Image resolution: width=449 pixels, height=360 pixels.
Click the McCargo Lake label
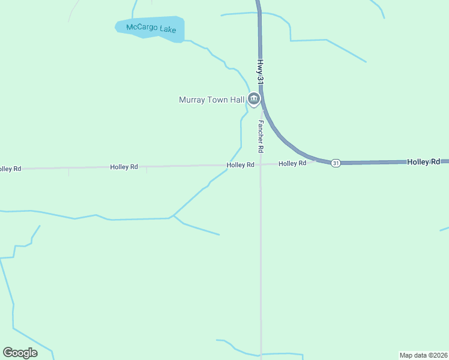[151, 28]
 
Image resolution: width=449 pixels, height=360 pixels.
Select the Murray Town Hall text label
[212, 100]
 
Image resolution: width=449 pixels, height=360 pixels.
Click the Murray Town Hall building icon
[254, 99]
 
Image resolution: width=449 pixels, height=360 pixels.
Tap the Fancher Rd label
[261, 136]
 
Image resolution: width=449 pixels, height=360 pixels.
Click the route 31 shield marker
[336, 163]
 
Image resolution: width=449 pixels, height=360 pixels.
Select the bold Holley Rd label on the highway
[424, 162]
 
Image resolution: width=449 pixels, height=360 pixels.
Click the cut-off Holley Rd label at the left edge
[10, 169]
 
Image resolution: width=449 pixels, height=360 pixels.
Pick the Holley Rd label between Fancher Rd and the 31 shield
[292, 163]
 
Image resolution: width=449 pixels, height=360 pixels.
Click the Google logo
[20, 353]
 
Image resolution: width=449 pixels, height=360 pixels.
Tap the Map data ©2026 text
[423, 355]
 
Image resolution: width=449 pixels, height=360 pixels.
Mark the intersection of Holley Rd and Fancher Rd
[260, 164]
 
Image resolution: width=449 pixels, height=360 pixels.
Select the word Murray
[192, 100]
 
